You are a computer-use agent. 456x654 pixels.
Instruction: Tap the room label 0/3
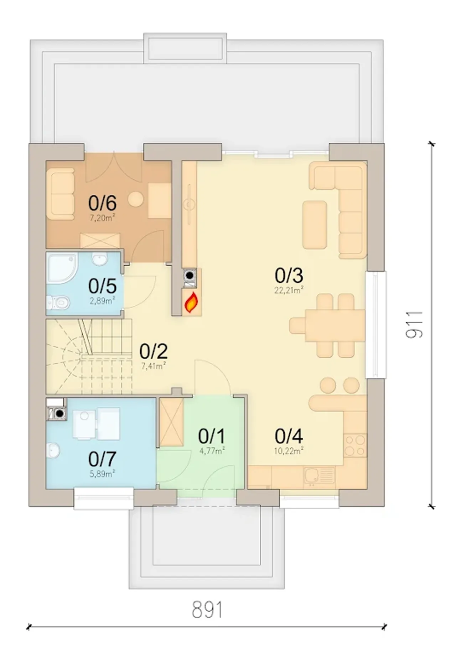(289, 275)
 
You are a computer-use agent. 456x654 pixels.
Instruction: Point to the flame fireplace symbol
(191, 302)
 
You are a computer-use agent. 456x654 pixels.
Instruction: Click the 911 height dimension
(414, 324)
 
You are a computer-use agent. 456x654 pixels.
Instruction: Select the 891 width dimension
(207, 609)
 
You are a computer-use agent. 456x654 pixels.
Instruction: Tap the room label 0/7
(102, 459)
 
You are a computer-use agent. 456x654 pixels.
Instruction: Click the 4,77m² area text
(212, 451)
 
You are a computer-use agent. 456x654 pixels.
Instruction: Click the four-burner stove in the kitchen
(355, 445)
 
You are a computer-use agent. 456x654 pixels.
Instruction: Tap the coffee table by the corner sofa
(315, 224)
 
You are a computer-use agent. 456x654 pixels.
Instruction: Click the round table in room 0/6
(136, 199)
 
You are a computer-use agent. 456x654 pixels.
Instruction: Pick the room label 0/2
(154, 351)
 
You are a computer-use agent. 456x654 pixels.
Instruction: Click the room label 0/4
(289, 436)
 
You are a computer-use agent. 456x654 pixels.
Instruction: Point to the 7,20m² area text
(102, 218)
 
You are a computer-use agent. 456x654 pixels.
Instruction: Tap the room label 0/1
(212, 436)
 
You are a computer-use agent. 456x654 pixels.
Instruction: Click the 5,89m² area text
(102, 474)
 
